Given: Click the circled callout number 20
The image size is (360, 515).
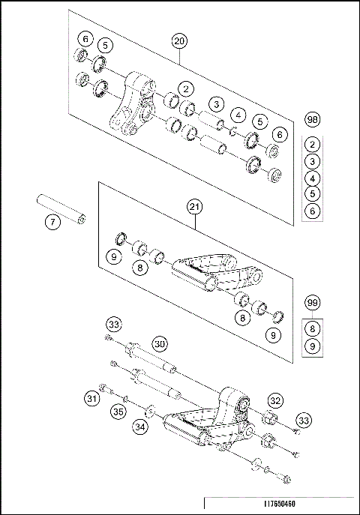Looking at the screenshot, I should coord(178,40).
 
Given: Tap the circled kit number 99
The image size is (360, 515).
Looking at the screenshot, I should coord(313,303).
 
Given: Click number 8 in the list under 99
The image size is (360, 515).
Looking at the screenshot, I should coord(313,328).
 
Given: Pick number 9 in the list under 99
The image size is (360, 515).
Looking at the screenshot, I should coord(313,346).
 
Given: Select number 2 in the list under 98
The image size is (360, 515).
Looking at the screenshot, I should coord(313,145).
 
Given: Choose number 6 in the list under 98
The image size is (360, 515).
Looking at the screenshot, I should coord(313,211).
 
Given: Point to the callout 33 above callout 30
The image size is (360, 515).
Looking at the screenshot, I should coord(113,325).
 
